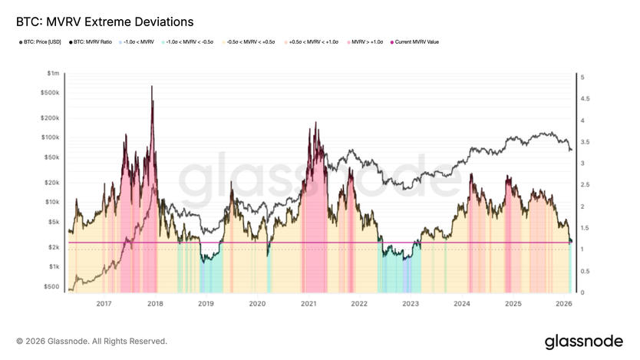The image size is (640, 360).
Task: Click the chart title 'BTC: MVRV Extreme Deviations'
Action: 99,21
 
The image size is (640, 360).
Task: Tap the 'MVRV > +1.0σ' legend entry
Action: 368,42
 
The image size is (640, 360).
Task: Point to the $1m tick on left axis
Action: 53,73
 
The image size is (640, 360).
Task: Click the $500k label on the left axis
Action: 51,92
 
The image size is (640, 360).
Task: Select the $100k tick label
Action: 51,137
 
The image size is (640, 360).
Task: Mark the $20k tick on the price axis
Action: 52,183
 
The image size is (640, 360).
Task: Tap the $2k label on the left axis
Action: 54,247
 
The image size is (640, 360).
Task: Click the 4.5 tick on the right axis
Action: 582,99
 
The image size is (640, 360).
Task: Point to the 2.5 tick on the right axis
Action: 582,185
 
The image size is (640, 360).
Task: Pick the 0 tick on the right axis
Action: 582,292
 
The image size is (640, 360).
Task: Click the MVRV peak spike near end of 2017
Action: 152,87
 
